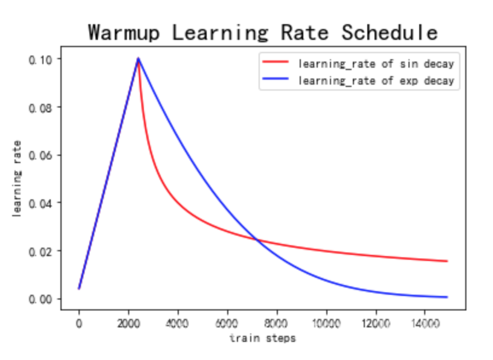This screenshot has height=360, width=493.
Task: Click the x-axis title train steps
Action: click(262, 338)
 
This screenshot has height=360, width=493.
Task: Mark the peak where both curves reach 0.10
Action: click(138, 59)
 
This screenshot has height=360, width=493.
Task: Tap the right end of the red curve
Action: click(446, 261)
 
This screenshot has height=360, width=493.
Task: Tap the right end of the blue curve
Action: click(446, 297)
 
